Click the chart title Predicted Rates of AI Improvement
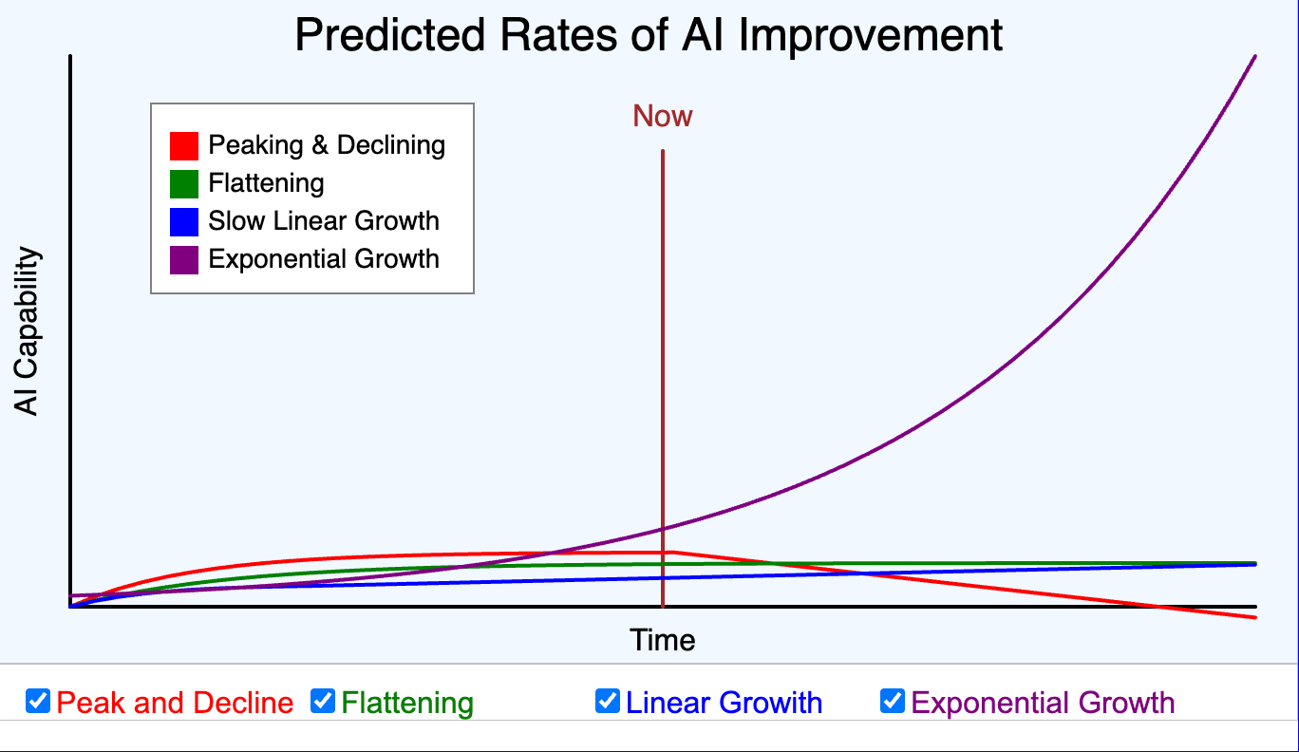tap(649, 36)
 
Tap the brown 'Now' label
tap(663, 116)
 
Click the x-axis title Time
tap(663, 640)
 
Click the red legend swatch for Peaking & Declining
tap(183, 145)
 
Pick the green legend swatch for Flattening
tap(183, 183)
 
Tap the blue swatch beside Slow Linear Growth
tap(183, 221)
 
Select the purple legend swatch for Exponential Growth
tap(183, 259)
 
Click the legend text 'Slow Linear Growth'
tap(324, 221)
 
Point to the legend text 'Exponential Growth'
tap(324, 259)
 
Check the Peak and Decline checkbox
tap(38, 702)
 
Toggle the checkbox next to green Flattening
tap(323, 702)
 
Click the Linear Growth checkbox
tap(608, 702)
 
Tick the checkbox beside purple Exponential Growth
tap(893, 702)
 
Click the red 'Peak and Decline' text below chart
tap(175, 703)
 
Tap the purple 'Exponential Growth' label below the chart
tap(1043, 703)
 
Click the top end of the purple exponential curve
tap(1254, 57)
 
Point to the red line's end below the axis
tap(1254, 617)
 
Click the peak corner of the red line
tap(670, 552)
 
